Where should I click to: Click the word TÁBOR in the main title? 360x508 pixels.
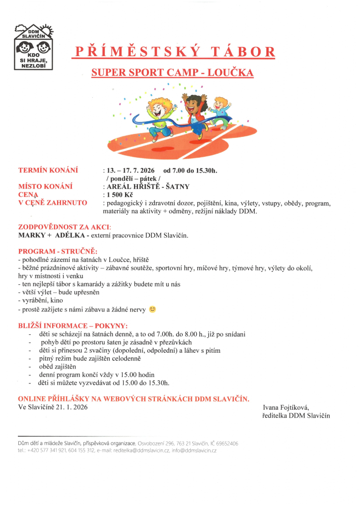click(241, 52)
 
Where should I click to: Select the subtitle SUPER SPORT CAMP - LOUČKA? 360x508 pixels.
click(172, 73)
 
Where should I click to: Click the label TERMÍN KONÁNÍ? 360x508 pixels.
click(48, 170)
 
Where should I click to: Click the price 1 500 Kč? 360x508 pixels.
click(120, 194)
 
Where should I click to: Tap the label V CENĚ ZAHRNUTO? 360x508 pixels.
click(53, 202)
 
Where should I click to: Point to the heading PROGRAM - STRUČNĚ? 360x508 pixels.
click(58, 251)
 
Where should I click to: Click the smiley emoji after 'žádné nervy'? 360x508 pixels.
click(152, 310)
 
